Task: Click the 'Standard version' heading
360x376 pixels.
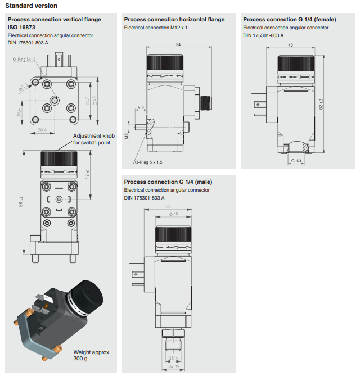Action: pyautogui.click(x=31, y=6)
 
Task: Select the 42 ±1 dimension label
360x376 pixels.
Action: pyautogui.click(x=87, y=174)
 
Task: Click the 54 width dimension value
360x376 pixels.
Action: pyautogui.click(x=178, y=44)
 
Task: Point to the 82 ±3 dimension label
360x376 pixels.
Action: pyautogui.click(x=321, y=105)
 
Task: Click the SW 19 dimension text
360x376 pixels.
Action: pyautogui.click(x=173, y=369)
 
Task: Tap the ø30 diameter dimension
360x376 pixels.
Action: pyautogui.click(x=173, y=214)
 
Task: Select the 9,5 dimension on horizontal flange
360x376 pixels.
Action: pyautogui.click(x=141, y=107)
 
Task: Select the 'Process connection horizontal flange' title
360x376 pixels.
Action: pyautogui.click(x=174, y=20)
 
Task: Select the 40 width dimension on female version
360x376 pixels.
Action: pyautogui.click(x=290, y=44)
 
